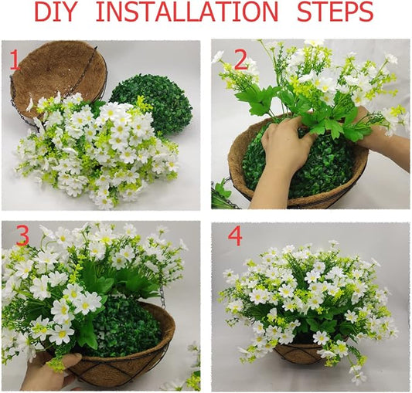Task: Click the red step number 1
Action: click(x=13, y=60)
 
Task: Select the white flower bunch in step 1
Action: click(x=97, y=151)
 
